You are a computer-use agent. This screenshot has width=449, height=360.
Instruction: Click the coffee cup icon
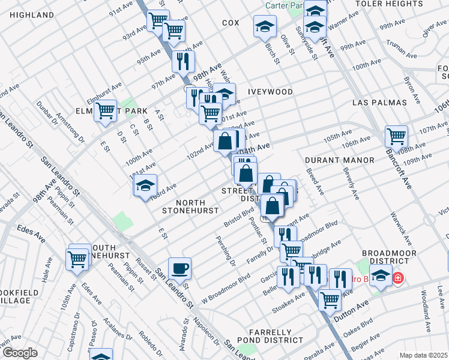(179, 268)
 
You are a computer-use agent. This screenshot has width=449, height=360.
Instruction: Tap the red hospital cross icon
(397, 278)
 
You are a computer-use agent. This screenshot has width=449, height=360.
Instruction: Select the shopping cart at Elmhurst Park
(106, 110)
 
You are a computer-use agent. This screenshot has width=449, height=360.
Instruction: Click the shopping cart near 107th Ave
(396, 136)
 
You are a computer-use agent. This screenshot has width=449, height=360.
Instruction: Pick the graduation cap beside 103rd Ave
(145, 186)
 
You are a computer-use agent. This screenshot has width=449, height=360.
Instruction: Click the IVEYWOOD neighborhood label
(270, 92)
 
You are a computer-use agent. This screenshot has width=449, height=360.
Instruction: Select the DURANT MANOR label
(339, 160)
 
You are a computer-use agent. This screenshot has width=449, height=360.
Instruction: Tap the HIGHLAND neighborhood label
(28, 14)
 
